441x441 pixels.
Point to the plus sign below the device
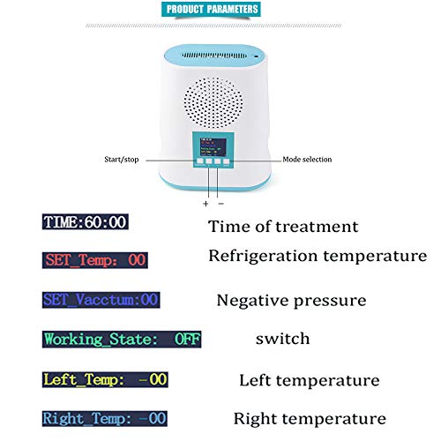206,203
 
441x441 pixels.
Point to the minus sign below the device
221,203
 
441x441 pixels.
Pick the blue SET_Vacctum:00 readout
100,299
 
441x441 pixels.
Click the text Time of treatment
283,227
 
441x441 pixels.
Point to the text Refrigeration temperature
318,257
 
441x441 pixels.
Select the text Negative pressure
291,300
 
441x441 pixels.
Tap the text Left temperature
309,380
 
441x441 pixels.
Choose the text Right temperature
309,418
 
